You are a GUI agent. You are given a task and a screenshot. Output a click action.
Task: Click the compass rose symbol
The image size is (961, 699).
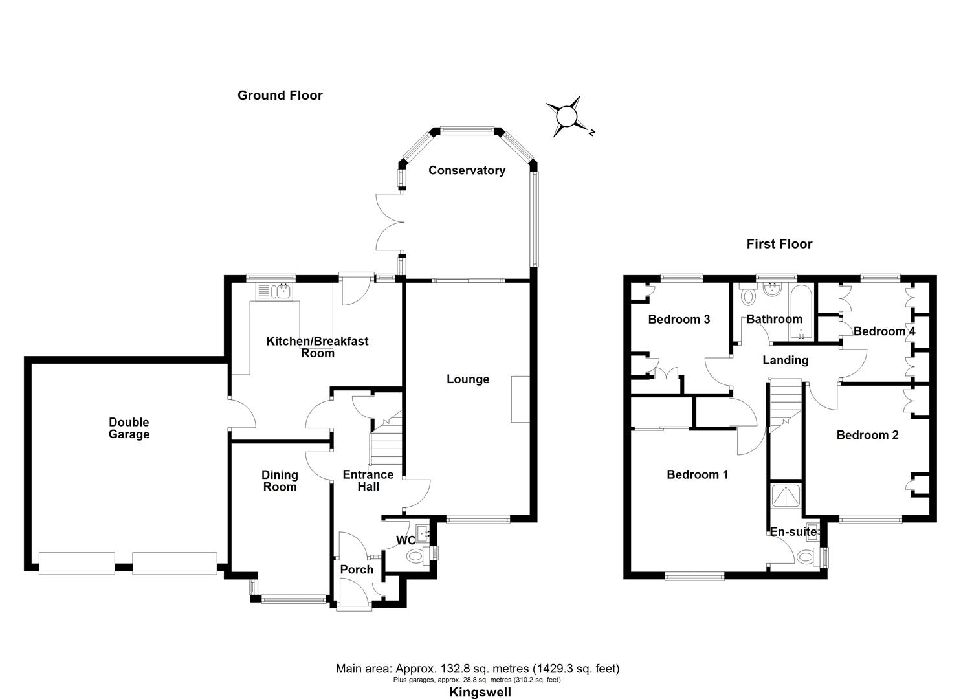pyautogui.click(x=567, y=117)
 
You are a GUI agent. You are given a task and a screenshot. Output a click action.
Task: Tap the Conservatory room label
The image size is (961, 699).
pyautogui.click(x=467, y=170)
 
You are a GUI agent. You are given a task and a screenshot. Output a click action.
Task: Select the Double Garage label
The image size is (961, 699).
pyautogui.click(x=129, y=428)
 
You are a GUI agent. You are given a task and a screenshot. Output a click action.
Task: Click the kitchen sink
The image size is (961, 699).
pyautogui.click(x=275, y=292)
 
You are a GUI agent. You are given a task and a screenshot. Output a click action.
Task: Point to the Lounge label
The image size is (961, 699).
pyautogui.click(x=468, y=379)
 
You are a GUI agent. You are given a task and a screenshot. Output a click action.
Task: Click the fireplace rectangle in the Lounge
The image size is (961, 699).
pyautogui.click(x=520, y=399)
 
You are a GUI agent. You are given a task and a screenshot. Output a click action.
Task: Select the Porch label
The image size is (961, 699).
pyautogui.click(x=357, y=570)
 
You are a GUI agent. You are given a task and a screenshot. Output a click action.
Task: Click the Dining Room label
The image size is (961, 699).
pyautogui.click(x=280, y=481)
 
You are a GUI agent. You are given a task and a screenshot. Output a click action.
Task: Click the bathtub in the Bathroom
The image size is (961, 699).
pyautogui.click(x=801, y=312)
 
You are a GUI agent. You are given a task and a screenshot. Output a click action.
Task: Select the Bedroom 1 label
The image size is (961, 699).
pyautogui.click(x=698, y=474)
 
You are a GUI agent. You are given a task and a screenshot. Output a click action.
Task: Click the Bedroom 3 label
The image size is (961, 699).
pyautogui.click(x=679, y=319)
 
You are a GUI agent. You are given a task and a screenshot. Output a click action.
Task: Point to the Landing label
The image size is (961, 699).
pyautogui.click(x=785, y=360)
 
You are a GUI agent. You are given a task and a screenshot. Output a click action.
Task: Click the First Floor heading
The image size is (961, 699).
pyautogui.click(x=779, y=244)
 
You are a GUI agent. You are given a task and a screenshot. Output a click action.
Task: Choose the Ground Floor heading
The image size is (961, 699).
pyautogui.click(x=280, y=96)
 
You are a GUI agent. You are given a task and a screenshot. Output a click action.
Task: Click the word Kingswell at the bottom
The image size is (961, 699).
pyautogui.click(x=480, y=692)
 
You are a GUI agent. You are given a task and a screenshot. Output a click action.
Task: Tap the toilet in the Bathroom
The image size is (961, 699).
pyautogui.click(x=749, y=296)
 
